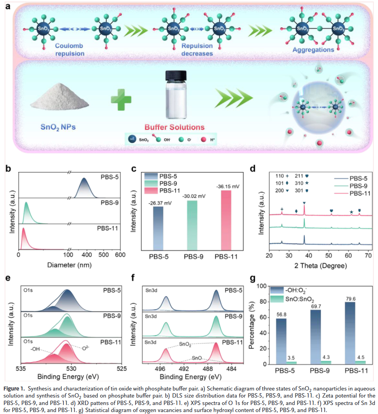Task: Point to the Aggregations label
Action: (x=313, y=50)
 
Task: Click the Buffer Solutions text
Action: (x=175, y=127)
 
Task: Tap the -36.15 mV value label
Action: (x=228, y=186)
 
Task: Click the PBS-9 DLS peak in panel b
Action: (x=27, y=213)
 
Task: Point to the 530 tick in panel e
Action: (x=72, y=369)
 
